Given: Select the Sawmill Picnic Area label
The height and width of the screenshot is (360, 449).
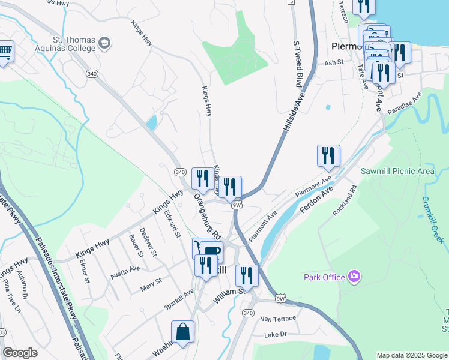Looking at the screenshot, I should point(397,171).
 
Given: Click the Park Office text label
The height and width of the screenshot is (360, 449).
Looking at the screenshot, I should point(324,277).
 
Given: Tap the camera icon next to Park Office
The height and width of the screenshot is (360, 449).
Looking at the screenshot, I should point(355,277).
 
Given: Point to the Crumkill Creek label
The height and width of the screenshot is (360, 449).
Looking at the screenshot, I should point(432,220).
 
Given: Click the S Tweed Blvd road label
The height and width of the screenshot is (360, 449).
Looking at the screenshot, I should point(297,65).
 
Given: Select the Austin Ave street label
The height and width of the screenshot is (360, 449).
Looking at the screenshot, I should point(125,271).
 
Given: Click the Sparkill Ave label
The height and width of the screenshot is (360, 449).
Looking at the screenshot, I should point(179,300).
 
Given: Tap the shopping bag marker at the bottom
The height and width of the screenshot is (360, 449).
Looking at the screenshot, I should point(182,332).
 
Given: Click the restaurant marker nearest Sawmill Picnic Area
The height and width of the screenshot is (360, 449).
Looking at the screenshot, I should point(328,156).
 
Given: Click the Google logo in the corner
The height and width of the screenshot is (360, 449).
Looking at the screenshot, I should point(20,353).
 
